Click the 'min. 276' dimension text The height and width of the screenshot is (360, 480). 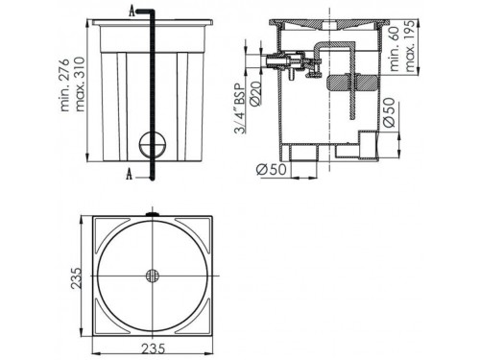pyautogui.click(x=65, y=84)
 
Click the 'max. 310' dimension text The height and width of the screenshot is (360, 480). pyautogui.click(x=79, y=84)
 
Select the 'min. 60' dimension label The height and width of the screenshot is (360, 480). pyautogui.click(x=395, y=49)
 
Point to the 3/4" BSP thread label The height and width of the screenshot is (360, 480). pyautogui.click(x=240, y=108)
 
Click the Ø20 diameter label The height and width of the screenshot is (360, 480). pyautogui.click(x=256, y=93)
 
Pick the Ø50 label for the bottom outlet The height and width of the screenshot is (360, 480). pyautogui.click(x=272, y=169)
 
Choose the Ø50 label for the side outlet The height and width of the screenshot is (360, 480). pyautogui.click(x=389, y=112)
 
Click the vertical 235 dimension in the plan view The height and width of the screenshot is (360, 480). pyautogui.click(x=77, y=277)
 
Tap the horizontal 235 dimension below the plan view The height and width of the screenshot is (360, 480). pyautogui.click(x=153, y=348)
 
